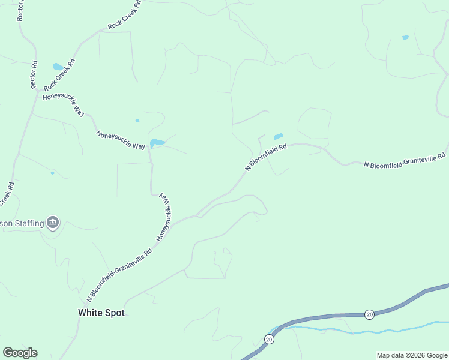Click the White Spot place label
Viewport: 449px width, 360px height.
pos(101,313)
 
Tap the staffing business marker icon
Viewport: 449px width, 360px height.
pos(53,223)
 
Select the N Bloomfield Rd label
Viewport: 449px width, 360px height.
pos(266,158)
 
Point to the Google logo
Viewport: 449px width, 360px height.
pos(20,353)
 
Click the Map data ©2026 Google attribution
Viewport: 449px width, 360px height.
pos(412,355)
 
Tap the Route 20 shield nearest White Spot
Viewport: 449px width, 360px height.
pos(268,340)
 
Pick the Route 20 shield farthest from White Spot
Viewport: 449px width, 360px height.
pos(369,314)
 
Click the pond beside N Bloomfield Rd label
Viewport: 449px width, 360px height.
pos(278,137)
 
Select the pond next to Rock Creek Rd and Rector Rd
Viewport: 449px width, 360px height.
pos(58,67)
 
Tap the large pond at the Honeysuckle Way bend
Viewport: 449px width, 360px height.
pos(157,143)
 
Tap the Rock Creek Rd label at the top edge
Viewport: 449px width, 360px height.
pos(125,15)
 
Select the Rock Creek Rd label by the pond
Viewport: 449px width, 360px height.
pos(59,76)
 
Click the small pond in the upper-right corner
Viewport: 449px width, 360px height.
pos(405,38)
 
